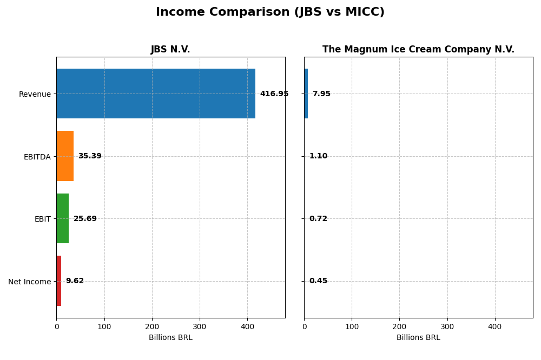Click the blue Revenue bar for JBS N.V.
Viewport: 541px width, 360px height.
click(156, 94)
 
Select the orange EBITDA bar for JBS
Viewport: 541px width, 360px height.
click(65, 156)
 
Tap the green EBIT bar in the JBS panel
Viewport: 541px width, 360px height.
click(63, 218)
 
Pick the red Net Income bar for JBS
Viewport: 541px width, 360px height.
click(59, 281)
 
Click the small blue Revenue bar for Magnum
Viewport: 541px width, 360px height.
click(306, 94)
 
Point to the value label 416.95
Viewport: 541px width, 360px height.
click(274, 94)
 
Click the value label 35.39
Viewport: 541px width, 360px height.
click(90, 156)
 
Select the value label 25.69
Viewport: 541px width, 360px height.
click(85, 219)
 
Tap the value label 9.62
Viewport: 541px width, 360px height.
click(75, 281)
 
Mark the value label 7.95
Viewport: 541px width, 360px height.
click(321, 94)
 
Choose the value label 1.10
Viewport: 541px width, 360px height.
click(318, 156)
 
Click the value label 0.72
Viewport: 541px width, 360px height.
click(318, 219)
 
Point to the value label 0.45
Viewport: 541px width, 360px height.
click(318, 281)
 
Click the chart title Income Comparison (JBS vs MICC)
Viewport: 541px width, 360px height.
click(270, 12)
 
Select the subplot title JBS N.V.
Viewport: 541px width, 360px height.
click(170, 50)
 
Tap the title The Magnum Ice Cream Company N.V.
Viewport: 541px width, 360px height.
click(418, 50)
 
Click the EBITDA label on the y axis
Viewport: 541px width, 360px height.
click(37, 157)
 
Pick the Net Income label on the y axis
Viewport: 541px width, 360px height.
click(30, 282)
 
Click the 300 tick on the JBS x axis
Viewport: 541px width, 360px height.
click(200, 327)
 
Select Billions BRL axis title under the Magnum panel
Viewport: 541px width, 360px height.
click(418, 338)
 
